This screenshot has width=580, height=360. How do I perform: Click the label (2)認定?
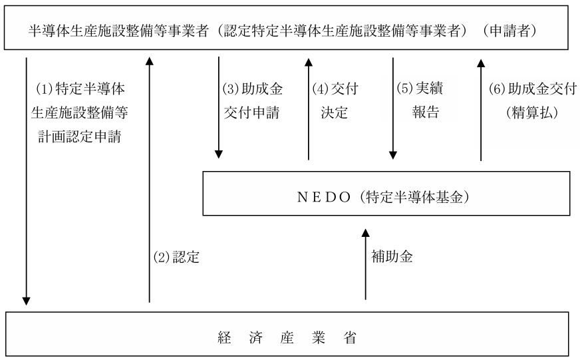(176, 257)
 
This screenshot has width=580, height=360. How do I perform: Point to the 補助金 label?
(392, 256)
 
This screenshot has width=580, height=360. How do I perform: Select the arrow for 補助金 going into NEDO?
(365, 264)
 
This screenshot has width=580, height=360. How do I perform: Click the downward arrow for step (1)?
(26, 181)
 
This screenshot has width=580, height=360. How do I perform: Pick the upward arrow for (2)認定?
(150, 180)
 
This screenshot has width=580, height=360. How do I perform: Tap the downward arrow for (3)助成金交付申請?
(219, 108)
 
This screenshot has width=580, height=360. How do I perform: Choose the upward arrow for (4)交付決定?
(309, 108)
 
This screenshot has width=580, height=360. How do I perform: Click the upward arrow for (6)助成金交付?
(481, 110)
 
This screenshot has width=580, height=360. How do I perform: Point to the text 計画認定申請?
(80, 136)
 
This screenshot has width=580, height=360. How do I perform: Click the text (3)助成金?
(253, 89)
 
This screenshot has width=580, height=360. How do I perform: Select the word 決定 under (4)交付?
(335, 112)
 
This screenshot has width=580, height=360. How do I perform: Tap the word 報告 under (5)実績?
(426, 112)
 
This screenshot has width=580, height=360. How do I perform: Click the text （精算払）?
(532, 112)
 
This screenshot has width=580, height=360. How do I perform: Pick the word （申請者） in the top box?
(510, 31)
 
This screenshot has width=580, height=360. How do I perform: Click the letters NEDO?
(324, 197)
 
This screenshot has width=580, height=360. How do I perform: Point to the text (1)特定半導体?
(80, 89)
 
